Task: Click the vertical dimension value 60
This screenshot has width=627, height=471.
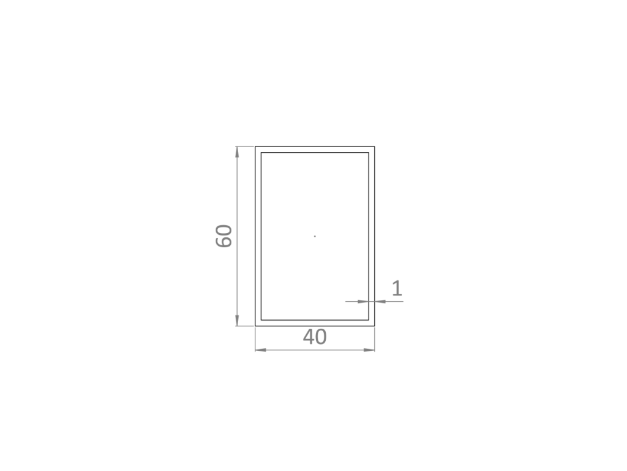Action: coord(224,236)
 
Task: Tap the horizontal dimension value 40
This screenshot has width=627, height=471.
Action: coord(315,337)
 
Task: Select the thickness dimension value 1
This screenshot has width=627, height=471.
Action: coord(397,288)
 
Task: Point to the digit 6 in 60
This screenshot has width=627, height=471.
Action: coord(224,242)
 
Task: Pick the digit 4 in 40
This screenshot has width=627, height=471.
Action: coord(308,337)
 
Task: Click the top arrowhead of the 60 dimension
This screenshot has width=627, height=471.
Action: coord(237,152)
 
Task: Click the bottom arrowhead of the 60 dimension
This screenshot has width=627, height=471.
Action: coord(237,320)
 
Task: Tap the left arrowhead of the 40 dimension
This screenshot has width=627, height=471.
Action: coord(261,350)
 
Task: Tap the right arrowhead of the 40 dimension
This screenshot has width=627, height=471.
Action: coord(368,350)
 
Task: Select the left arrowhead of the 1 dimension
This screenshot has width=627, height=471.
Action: coord(363,301)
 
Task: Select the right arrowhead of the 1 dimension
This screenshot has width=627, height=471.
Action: coord(380,301)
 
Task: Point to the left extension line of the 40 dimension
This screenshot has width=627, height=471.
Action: coord(255,339)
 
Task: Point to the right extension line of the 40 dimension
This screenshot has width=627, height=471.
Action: coord(374,339)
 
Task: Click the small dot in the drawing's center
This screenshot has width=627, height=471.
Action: coord(315,236)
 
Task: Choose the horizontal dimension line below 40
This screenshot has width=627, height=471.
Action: coord(315,350)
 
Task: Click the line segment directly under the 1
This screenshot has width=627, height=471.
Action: coord(395,301)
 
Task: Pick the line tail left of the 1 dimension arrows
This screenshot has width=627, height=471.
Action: coord(351,301)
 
